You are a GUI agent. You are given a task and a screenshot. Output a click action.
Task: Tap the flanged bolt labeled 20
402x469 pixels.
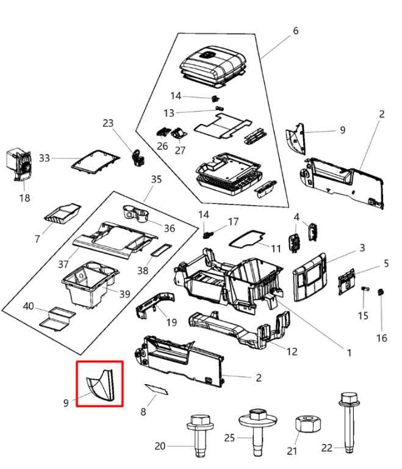(x=198, y=434)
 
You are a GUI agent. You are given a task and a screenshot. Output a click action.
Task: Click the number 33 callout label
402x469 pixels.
(x=45, y=158)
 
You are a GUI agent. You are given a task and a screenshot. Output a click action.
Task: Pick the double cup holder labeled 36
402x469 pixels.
(x=138, y=214)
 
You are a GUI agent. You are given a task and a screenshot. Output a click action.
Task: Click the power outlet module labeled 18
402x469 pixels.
(x=19, y=164)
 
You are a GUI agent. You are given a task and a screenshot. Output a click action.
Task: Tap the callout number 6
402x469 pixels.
(x=296, y=31)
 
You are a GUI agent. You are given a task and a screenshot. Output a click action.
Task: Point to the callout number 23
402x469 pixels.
(x=108, y=123)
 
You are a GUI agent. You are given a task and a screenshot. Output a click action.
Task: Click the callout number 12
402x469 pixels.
(x=293, y=351)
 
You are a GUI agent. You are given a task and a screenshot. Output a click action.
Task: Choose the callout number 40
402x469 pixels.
(x=29, y=305)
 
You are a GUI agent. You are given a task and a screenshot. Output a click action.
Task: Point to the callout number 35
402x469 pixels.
(x=156, y=180)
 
